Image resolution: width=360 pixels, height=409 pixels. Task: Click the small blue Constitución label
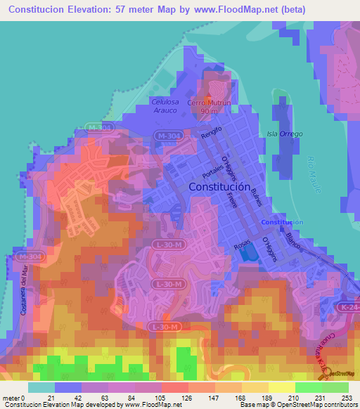[x=281, y=222]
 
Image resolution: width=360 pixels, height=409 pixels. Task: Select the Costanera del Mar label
[x=23, y=287]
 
